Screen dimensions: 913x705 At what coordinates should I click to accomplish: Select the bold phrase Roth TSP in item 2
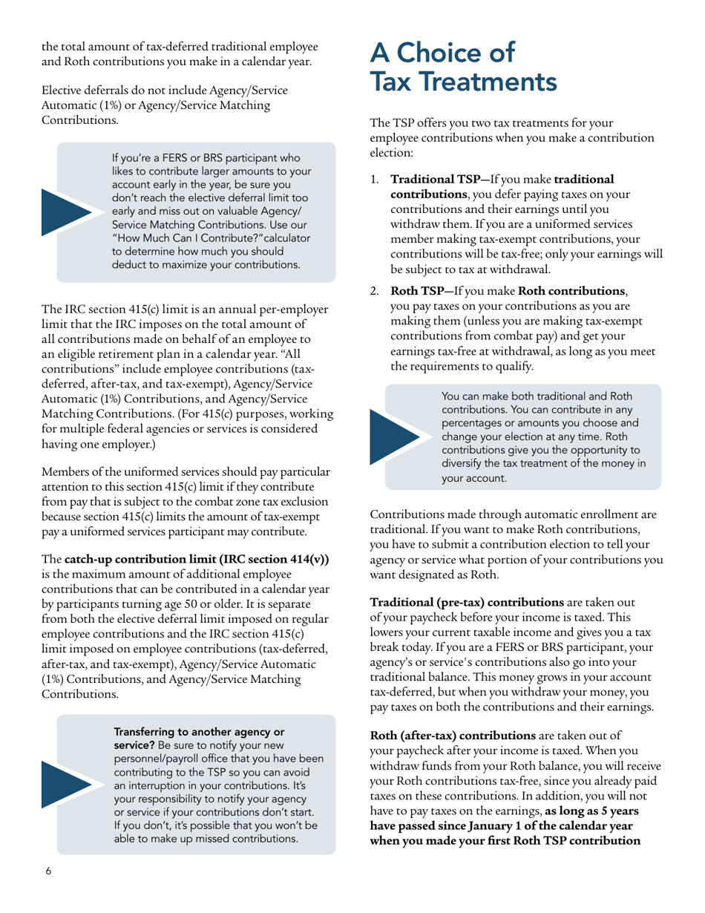click(415, 289)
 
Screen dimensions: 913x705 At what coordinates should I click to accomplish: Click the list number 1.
click(374, 180)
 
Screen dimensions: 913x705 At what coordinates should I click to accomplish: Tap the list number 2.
click(374, 289)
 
